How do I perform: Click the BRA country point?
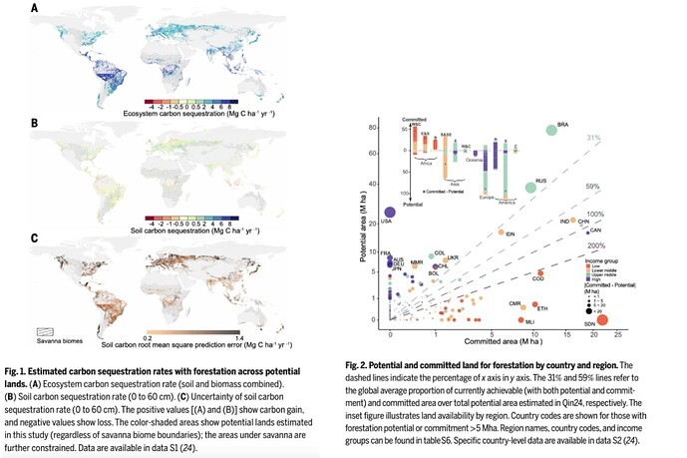tap(551, 131)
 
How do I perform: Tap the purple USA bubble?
tap(390, 211)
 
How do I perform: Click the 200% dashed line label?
tap(597, 245)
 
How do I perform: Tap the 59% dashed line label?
tap(592, 187)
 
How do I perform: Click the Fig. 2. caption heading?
tap(384, 367)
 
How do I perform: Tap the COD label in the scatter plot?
tap(536, 279)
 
